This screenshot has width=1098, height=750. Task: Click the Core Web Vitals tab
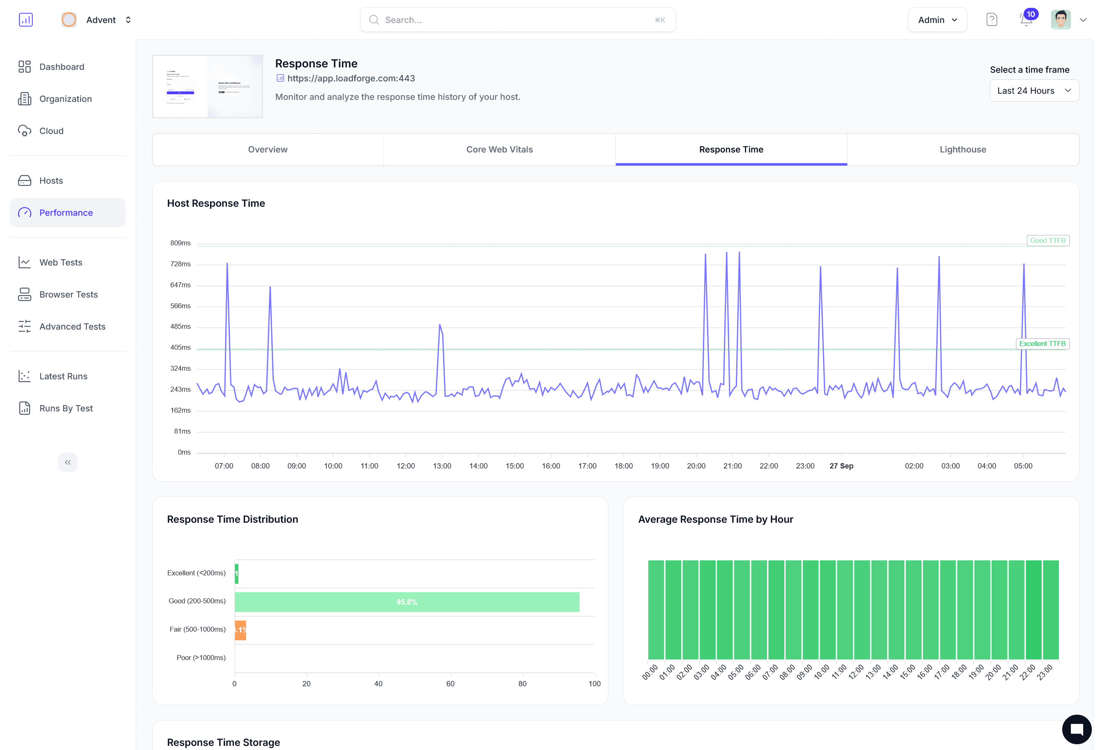(x=499, y=149)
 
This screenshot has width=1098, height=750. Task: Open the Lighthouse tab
(x=962, y=149)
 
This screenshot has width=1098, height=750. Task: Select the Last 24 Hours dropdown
(x=1034, y=91)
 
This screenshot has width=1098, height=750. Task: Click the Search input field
(x=517, y=20)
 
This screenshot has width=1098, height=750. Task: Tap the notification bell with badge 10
(x=1026, y=20)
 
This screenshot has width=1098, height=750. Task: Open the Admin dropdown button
(x=937, y=20)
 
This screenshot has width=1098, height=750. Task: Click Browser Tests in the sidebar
(x=69, y=294)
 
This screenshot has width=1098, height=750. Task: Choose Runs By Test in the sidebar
(x=66, y=408)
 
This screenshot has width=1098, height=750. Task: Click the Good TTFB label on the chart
(x=1047, y=240)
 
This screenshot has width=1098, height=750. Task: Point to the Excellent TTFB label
(x=1042, y=344)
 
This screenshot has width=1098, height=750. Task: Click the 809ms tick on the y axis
(x=180, y=243)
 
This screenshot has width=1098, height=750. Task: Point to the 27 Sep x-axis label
(x=841, y=466)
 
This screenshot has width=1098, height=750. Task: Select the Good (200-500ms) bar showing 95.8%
(x=407, y=602)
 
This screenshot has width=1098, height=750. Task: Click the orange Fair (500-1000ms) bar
(x=240, y=630)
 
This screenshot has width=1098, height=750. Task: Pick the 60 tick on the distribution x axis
(x=450, y=683)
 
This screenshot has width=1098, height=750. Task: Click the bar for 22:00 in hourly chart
(x=1033, y=609)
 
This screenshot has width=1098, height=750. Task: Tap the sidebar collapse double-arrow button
(x=67, y=462)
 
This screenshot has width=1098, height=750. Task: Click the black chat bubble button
(x=1076, y=729)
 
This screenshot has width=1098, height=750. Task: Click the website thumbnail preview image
(x=208, y=86)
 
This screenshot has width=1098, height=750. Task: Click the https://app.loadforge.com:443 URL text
(x=351, y=78)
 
